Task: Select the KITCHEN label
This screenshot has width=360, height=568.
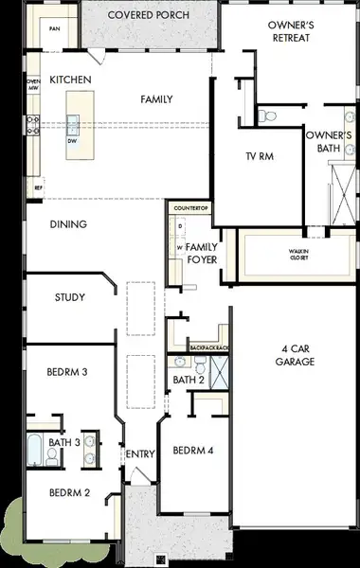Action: coord(70,80)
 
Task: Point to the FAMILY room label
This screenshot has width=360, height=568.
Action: coord(155,98)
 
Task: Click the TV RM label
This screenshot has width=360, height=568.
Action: coord(260,156)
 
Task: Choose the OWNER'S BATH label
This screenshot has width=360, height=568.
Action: coord(329,142)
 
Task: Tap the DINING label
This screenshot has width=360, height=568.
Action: coord(68,224)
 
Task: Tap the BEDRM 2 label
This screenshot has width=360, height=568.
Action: coord(68,493)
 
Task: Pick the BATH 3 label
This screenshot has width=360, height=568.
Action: coord(64,442)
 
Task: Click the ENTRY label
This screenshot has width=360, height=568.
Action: coord(140,454)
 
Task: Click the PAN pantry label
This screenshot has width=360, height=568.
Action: coord(54,29)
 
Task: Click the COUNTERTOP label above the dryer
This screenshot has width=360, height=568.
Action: coord(189,206)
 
